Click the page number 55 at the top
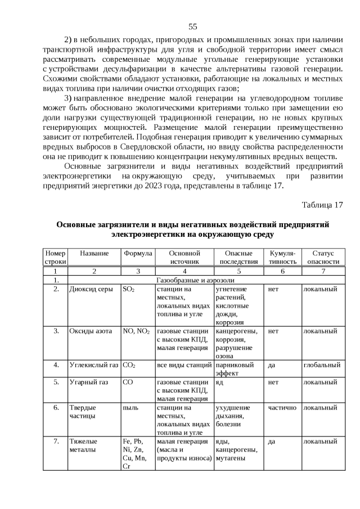(x=192, y=26)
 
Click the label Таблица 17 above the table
(x=322, y=204)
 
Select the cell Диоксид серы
(x=91, y=289)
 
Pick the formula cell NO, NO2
(x=136, y=331)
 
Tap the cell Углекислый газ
(x=93, y=364)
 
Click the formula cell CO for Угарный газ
(x=128, y=382)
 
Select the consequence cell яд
(x=220, y=382)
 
